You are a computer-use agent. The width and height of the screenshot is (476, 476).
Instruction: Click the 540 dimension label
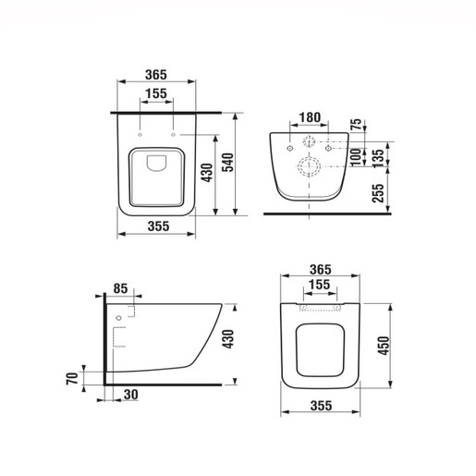point(228,163)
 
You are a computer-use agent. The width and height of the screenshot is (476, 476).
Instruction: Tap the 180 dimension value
point(310,117)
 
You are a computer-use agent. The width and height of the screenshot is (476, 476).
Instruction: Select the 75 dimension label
point(356,124)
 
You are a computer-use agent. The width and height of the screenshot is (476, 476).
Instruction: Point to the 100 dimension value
point(356,157)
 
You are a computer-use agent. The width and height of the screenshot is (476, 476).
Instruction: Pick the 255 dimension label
point(379,193)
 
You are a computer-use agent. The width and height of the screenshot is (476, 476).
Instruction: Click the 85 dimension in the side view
point(120,288)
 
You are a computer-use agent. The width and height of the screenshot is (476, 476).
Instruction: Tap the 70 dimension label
point(72,378)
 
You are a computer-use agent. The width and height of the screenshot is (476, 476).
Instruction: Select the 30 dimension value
point(131,395)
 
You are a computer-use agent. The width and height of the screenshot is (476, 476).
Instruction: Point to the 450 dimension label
point(384,346)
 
